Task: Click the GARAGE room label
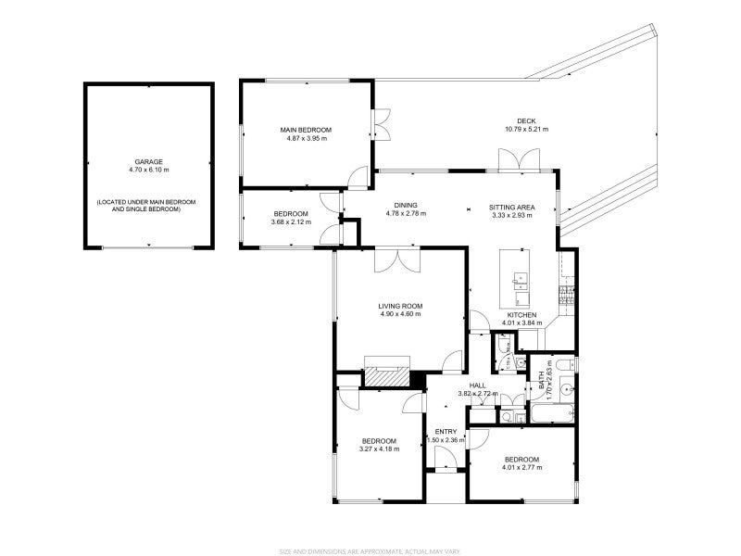tap(148, 161)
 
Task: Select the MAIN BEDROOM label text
tap(306, 130)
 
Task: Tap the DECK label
tap(526, 120)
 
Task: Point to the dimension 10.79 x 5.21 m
tap(526, 130)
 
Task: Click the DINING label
tap(405, 206)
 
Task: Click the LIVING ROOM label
tap(400, 306)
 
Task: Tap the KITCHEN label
tap(521, 315)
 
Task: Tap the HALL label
tap(477, 385)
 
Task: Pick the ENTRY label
tap(446, 432)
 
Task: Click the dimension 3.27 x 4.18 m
tap(379, 449)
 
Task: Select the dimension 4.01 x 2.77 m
tap(521, 467)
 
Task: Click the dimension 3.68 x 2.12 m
tap(290, 222)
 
